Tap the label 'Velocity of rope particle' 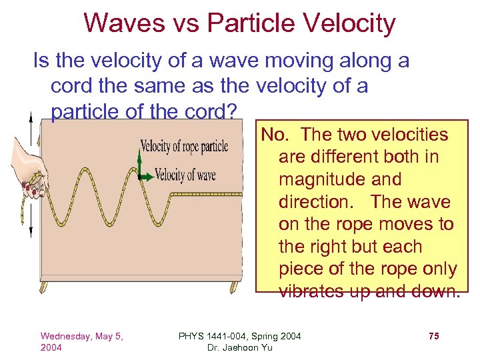click(184, 146)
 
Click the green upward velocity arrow click(139, 163)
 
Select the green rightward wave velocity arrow click(145, 177)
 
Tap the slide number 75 click(433, 336)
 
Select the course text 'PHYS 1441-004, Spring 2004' click(239, 336)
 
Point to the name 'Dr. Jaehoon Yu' click(239, 347)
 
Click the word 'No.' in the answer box click(275, 135)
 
